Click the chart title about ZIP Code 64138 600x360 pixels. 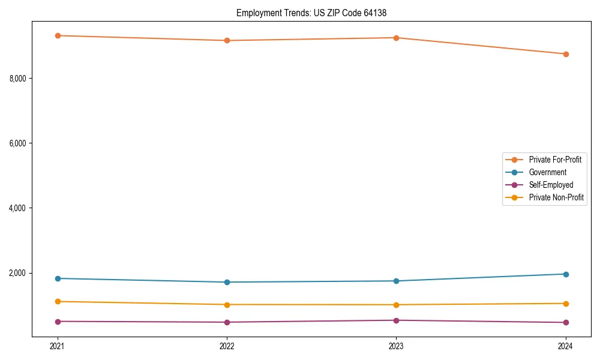[x=316, y=13]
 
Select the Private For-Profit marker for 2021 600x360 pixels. [x=58, y=35]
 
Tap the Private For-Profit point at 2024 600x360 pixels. [x=565, y=54]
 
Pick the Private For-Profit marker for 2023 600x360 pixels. [x=396, y=38]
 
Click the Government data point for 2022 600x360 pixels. [x=227, y=282]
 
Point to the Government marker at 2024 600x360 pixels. [x=565, y=274]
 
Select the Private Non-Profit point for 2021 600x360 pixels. [x=58, y=301]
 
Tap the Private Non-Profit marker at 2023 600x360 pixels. [x=396, y=305]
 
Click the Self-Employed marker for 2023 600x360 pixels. [x=396, y=320]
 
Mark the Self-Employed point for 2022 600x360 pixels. [x=227, y=322]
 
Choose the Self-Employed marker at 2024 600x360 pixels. [x=565, y=323]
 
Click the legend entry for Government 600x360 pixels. [x=547, y=172]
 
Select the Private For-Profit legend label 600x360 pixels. [x=554, y=160]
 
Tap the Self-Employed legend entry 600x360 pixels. [x=551, y=185]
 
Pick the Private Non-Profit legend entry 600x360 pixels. [x=556, y=197]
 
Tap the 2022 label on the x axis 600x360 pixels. [x=227, y=346]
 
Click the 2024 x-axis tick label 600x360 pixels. [x=565, y=346]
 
